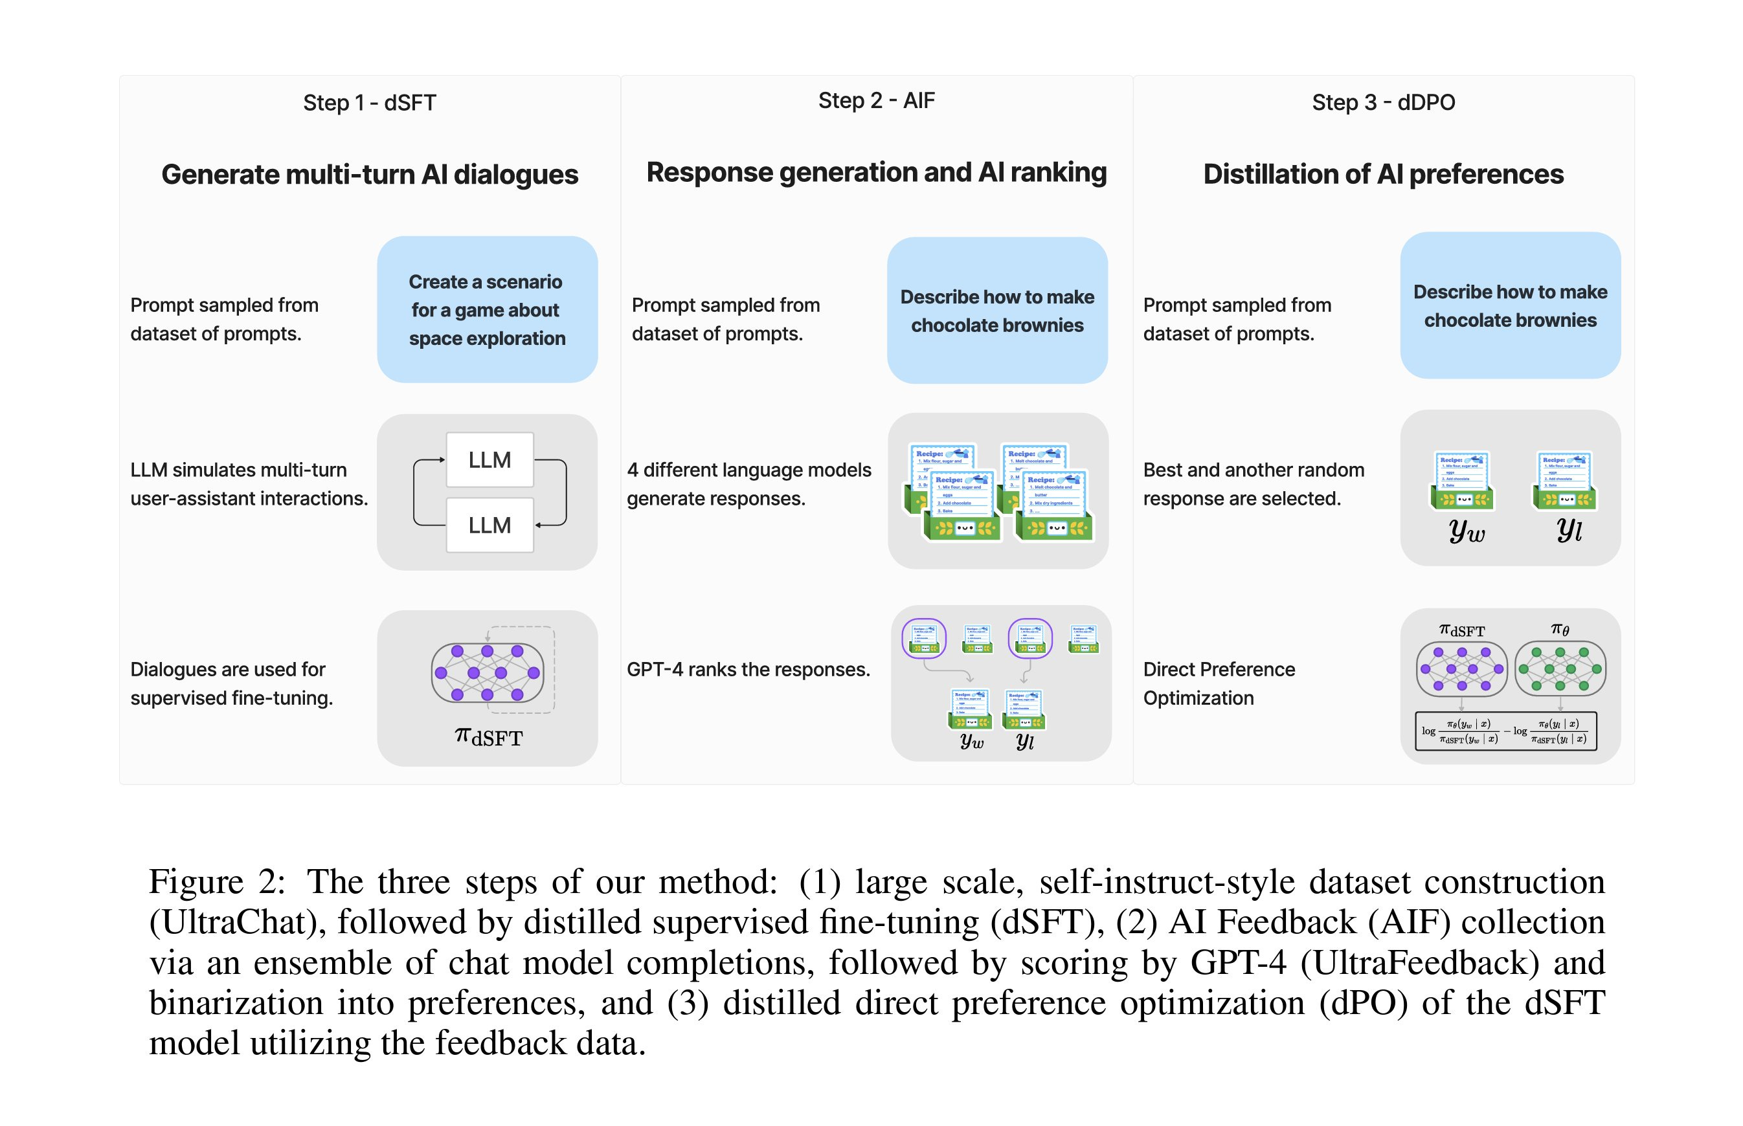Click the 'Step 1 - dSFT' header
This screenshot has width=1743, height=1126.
pyautogui.click(x=369, y=102)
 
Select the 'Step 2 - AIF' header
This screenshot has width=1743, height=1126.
pyautogui.click(x=875, y=100)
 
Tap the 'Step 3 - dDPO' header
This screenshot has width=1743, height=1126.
pyautogui.click(x=1382, y=102)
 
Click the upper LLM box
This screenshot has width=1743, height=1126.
pyautogui.click(x=489, y=460)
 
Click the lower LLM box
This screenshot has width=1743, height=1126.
pyautogui.click(x=489, y=525)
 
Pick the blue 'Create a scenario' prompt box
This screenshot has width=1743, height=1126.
pyautogui.click(x=487, y=309)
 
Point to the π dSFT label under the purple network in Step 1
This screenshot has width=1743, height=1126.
pyautogui.click(x=489, y=736)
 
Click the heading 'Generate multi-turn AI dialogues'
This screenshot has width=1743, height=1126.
pyautogui.click(x=369, y=175)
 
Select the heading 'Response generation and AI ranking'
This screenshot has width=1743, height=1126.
pyautogui.click(x=875, y=173)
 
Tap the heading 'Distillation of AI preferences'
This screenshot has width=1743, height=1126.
pyautogui.click(x=1382, y=175)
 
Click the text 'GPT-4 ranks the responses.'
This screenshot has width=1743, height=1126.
pyautogui.click(x=748, y=669)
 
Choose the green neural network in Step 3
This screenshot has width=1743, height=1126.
pyautogui.click(x=1559, y=668)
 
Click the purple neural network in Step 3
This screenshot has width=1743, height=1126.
pyautogui.click(x=1461, y=668)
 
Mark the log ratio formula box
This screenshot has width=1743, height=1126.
pyautogui.click(x=1505, y=731)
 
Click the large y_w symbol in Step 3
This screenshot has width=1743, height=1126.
pyautogui.click(x=1466, y=530)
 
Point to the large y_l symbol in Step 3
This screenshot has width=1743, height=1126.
pyautogui.click(x=1568, y=529)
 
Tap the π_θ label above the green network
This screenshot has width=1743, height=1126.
pyautogui.click(x=1559, y=629)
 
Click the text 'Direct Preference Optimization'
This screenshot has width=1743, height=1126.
pyautogui.click(x=1219, y=683)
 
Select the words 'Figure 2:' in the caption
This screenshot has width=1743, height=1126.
pyautogui.click(x=216, y=882)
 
